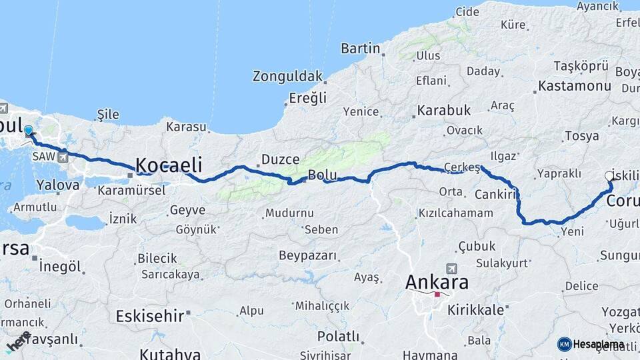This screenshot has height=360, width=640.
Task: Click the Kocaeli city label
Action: [169, 165]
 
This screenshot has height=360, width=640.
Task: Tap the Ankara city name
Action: [437, 282]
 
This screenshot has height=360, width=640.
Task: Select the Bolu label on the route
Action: [321, 176]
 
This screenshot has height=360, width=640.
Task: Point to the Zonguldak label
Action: [287, 76]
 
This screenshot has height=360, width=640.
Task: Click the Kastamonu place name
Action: [574, 86]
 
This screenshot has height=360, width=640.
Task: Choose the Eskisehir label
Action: [149, 315]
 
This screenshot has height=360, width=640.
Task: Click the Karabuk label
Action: [444, 110]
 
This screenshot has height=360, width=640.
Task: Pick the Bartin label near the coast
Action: [360, 48]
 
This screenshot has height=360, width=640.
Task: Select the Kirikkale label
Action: [475, 310]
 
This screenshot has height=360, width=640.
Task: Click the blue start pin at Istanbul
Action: [28, 131]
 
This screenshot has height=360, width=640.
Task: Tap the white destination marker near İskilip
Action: [609, 176]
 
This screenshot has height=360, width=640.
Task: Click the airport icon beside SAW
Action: [63, 157]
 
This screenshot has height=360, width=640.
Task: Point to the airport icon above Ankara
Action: [451, 268]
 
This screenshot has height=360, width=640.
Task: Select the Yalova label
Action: [59, 184]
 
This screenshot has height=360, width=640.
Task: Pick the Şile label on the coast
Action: [108, 115]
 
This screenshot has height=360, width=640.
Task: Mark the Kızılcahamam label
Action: [456, 213]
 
